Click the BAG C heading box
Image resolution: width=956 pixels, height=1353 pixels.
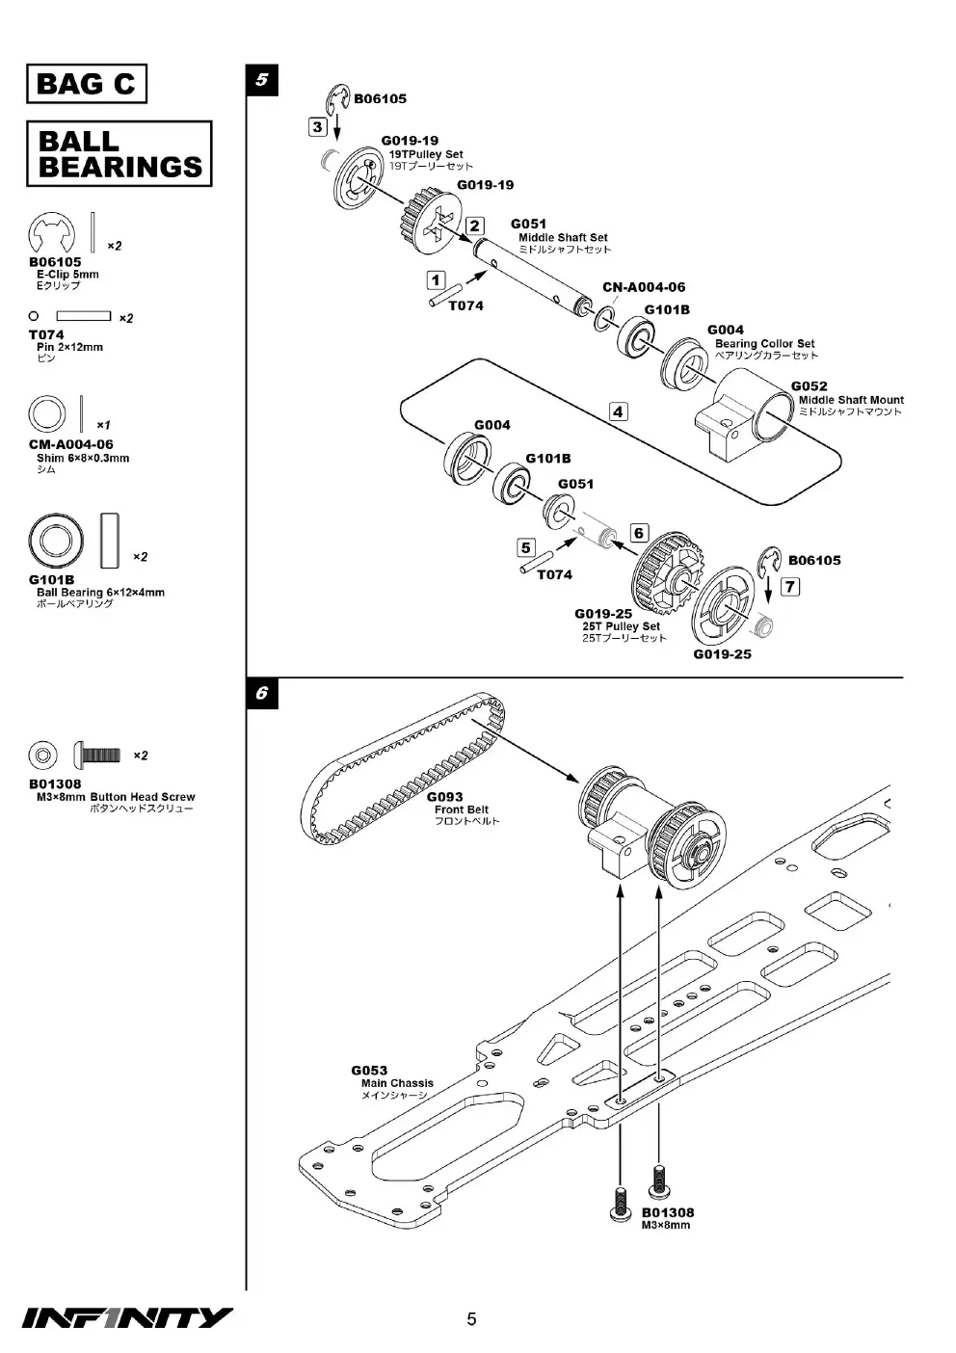point(87,83)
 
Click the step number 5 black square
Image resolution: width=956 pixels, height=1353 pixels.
point(262,80)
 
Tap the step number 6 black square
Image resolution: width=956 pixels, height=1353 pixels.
point(262,693)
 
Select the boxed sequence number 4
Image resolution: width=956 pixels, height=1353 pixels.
point(618,411)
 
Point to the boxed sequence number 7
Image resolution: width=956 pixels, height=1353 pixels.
point(790,587)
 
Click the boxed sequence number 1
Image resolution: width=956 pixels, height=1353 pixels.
point(436,280)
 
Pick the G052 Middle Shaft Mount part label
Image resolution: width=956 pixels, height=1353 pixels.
point(847,398)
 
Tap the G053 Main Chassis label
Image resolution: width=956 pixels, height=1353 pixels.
point(392,1083)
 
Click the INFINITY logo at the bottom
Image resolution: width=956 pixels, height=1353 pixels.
point(127,1318)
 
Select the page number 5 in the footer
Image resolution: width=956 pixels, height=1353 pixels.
point(471,1319)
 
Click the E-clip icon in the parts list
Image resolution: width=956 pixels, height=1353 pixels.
point(51,233)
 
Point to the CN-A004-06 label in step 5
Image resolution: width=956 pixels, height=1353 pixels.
point(644,287)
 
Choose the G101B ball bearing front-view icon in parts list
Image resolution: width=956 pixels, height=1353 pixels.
point(56,541)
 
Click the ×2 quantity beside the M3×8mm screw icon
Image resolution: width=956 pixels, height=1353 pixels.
point(140,755)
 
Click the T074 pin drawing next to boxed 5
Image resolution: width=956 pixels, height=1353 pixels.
point(536,562)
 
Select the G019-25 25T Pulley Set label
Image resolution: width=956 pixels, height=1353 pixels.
point(621,625)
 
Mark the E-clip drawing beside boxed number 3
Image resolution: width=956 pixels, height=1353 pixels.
point(338,99)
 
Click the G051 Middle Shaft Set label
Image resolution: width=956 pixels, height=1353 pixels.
point(561,236)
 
